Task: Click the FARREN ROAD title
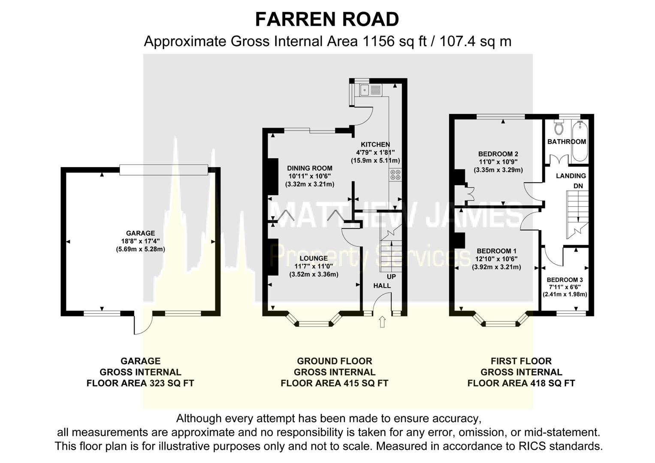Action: pyautogui.click(x=327, y=20)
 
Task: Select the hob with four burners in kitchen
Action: pyautogui.click(x=395, y=174)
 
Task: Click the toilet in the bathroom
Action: pyautogui.click(x=558, y=127)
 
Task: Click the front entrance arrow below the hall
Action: pyautogui.click(x=382, y=322)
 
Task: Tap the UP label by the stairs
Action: pyautogui.click(x=391, y=277)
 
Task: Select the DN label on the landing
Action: pyautogui.click(x=578, y=186)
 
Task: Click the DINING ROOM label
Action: pyautogui.click(x=310, y=168)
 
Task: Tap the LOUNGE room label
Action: pyautogui.click(x=314, y=259)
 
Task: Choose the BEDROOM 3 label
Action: pyautogui.click(x=564, y=280)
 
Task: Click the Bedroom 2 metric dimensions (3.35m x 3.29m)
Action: pyautogui.click(x=498, y=170)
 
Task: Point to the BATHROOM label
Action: pyautogui.click(x=566, y=142)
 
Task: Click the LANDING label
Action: pyautogui.click(x=570, y=176)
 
